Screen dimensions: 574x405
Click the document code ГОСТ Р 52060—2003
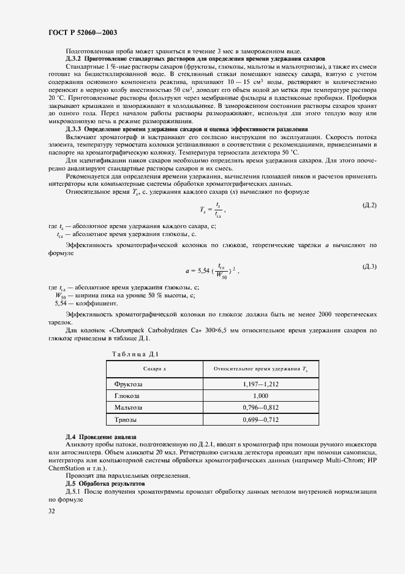point(83,31)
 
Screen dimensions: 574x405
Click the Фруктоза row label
point(129,384)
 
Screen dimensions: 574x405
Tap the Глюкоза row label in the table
point(127,396)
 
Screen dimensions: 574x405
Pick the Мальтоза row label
point(129,407)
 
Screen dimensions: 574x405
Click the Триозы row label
point(126,419)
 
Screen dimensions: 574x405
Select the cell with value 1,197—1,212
point(260,384)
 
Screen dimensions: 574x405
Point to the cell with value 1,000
point(260,396)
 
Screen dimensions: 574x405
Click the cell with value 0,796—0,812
point(260,407)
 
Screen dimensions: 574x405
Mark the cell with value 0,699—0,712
point(260,419)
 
